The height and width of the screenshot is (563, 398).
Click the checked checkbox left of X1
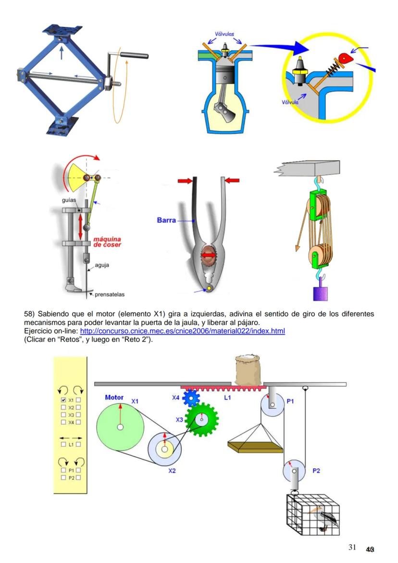[63, 400]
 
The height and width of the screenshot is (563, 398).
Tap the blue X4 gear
[191, 398]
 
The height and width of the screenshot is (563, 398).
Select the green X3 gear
[201, 420]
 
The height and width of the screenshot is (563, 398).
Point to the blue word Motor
[114, 398]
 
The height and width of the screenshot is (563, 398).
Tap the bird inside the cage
[325, 517]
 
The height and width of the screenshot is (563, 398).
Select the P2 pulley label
[316, 471]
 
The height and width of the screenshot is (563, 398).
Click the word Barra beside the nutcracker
[166, 221]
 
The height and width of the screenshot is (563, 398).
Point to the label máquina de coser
[107, 242]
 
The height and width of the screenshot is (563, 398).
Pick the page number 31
[352, 547]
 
